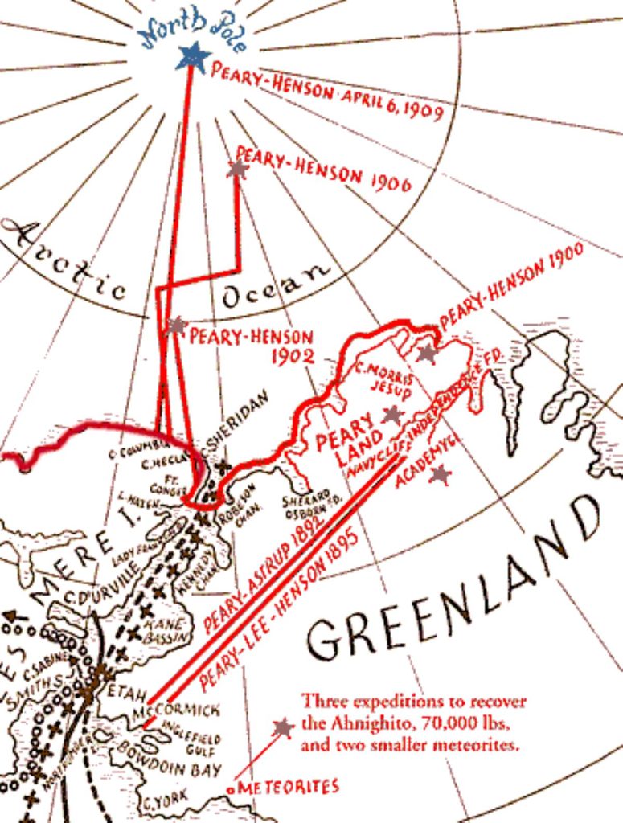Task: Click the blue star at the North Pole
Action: (192, 57)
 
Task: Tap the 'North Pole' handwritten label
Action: (194, 30)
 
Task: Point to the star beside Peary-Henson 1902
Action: (177, 326)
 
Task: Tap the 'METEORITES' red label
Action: (289, 786)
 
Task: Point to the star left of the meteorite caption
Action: (282, 728)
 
